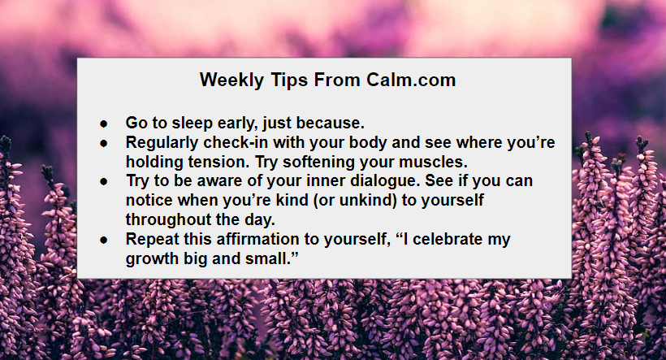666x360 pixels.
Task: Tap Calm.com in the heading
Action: [x=411, y=80]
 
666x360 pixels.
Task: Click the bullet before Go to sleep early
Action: [x=104, y=124]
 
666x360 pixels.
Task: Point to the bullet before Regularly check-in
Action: [x=104, y=144]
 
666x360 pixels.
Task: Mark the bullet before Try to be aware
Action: [x=104, y=182]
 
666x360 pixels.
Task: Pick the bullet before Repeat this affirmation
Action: [x=104, y=241]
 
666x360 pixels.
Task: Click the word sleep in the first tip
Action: [x=192, y=124]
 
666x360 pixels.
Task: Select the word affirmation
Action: [x=257, y=239]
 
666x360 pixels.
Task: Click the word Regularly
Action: [x=162, y=143]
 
